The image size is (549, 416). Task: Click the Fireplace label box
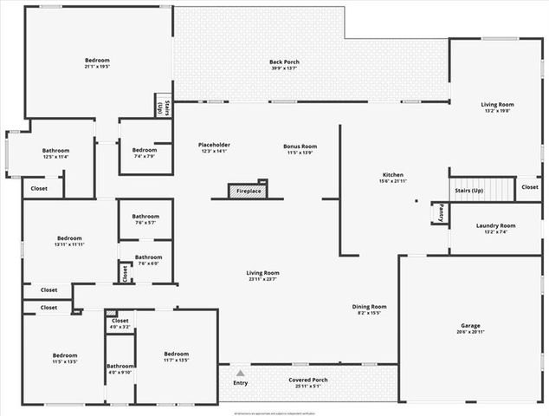[248, 192]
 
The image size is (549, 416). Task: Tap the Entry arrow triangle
[240, 373]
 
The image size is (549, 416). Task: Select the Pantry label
[441, 211]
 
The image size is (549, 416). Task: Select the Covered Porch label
[308, 380]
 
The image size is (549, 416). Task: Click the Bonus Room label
[300, 146]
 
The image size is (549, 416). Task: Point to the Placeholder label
[214, 145]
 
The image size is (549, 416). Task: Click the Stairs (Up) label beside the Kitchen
[468, 190]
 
